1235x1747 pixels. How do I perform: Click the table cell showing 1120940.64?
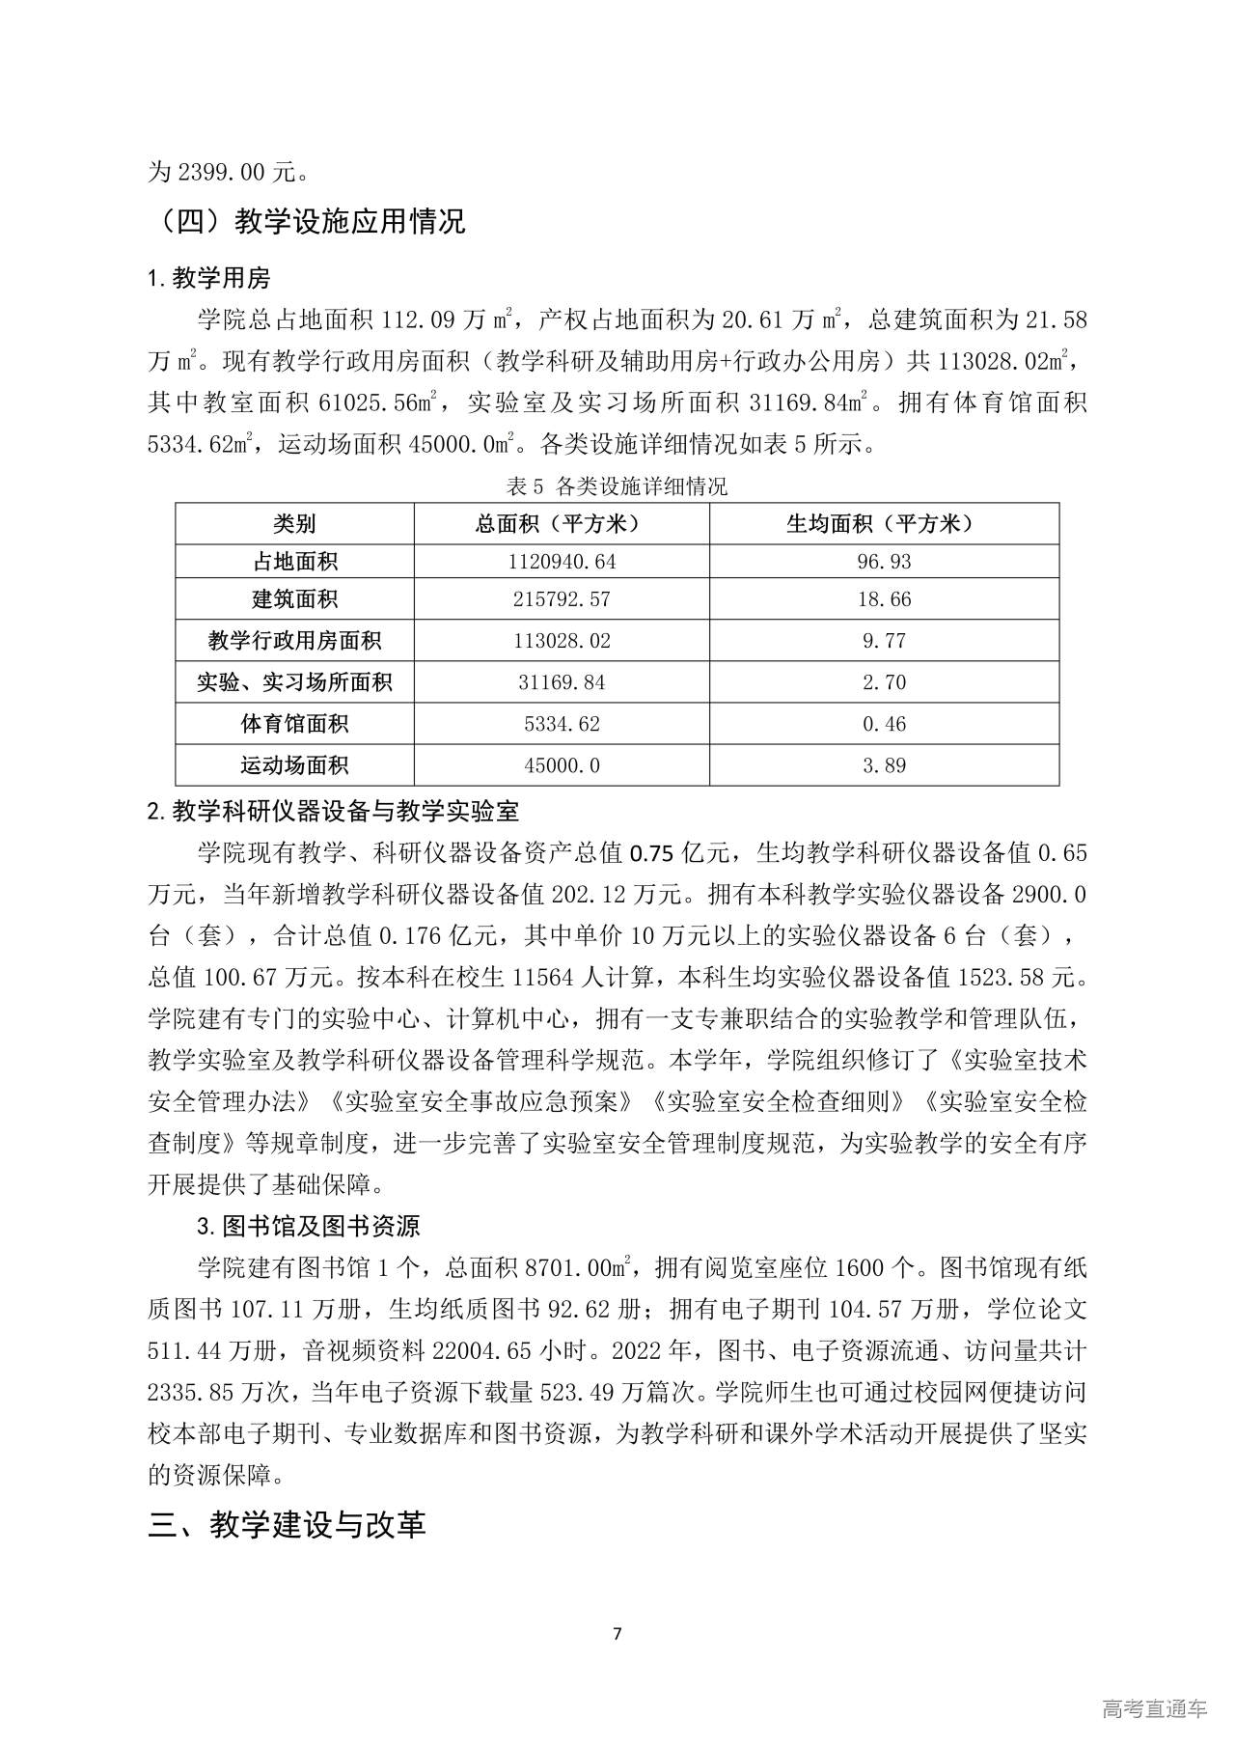(562, 562)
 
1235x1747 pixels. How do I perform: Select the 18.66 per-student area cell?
(884, 599)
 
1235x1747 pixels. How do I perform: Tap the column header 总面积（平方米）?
(562, 524)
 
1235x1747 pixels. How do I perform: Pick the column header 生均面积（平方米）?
(884, 524)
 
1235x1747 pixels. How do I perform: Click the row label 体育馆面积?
(294, 724)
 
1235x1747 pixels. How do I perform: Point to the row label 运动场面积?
(294, 765)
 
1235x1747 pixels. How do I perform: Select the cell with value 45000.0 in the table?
(562, 765)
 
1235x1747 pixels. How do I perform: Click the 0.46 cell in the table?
(884, 724)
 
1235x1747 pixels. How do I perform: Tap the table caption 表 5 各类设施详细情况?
(617, 486)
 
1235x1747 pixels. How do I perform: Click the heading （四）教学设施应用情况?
(307, 222)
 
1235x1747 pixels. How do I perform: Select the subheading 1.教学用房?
(208, 279)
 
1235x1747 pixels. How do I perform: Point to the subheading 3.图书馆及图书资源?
(309, 1227)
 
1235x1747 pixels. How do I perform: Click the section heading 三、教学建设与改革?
(287, 1525)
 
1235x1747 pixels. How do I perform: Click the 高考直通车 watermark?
(1154, 1708)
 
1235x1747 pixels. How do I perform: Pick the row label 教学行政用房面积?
(294, 641)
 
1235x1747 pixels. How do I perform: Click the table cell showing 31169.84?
(562, 682)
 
